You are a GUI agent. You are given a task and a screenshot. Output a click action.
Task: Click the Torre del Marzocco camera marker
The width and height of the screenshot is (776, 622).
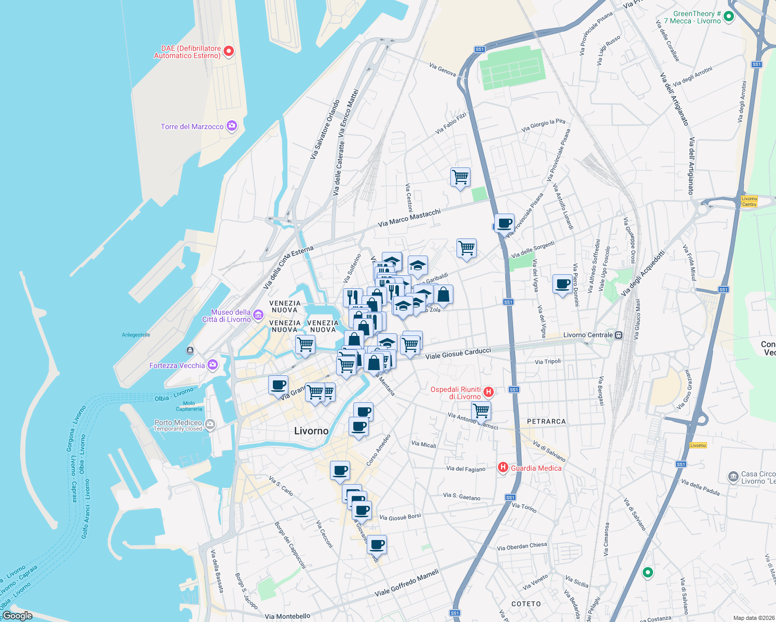coord(232,126)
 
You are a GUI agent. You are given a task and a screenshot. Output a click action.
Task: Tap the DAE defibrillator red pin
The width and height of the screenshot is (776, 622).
coord(228,51)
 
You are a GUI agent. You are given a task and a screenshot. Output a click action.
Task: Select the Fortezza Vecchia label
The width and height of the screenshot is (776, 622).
coord(177,365)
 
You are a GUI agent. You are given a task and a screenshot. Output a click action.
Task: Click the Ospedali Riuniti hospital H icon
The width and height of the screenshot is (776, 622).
coord(488,392)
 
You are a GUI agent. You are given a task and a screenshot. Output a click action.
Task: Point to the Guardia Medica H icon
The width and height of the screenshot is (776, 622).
coord(503,468)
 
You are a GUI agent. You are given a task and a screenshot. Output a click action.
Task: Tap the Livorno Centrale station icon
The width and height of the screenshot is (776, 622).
coord(618,335)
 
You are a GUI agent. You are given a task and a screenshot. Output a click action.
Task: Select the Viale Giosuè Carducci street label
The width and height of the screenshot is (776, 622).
coord(458,354)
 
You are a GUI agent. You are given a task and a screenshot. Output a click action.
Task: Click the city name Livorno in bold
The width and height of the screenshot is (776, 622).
coord(311,431)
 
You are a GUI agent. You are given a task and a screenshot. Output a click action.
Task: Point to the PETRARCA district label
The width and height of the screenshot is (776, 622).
coord(546,421)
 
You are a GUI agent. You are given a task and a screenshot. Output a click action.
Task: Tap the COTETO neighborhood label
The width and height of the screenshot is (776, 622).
coord(526,604)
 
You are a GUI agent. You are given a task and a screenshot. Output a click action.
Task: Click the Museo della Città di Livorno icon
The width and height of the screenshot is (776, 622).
coord(258,315)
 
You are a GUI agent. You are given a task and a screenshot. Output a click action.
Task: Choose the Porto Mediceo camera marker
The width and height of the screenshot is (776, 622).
coord(210,425)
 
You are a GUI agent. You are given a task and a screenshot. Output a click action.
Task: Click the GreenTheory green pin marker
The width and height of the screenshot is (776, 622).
coord(728,17)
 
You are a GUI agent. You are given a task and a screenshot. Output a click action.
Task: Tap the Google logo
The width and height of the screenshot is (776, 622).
coord(18,615)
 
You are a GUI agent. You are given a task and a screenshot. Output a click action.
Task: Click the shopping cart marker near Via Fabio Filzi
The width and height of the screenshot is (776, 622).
coord(460,177)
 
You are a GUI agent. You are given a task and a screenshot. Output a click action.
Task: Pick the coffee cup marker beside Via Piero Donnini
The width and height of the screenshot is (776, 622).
coord(562,284)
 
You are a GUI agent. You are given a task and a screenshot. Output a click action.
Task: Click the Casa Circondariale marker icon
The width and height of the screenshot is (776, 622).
coord(733,476)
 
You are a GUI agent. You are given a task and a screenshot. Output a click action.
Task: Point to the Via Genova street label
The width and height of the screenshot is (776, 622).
coord(442,69)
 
